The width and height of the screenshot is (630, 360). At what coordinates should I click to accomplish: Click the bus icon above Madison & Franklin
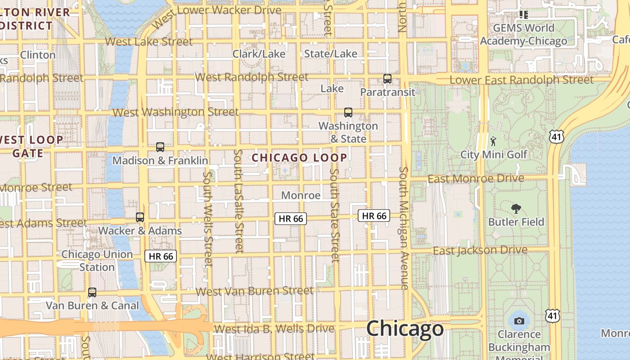pos(160,147)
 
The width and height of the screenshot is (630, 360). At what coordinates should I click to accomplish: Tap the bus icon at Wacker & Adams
pos(140,217)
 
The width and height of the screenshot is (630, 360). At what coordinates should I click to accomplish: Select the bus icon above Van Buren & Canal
pos(92,292)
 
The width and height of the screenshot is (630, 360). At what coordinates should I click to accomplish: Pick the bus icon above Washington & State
pos(348,112)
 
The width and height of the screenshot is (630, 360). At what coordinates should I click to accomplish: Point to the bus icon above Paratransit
pos(387,78)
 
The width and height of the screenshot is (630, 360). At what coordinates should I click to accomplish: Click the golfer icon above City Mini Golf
pos(494,141)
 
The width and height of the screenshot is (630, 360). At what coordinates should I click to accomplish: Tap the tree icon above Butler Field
pos(516,208)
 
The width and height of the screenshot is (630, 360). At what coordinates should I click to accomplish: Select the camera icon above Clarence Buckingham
pos(519,321)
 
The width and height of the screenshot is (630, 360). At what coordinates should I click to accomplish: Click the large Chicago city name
pos(405,328)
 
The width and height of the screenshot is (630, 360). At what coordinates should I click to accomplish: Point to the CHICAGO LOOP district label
pos(299,157)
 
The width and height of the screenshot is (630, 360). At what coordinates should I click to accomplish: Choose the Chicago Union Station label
pos(97,261)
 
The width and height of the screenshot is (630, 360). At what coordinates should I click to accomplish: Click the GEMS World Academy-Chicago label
pos(523,35)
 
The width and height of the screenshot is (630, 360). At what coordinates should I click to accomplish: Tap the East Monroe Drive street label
pos(476,179)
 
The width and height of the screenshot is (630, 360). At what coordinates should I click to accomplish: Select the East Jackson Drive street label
pos(480,250)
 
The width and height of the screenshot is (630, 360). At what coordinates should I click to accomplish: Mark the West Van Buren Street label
pos(255,291)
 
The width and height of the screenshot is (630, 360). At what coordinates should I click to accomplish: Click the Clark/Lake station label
pos(259,54)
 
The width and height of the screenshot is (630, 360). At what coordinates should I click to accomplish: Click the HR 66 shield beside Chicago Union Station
pos(161,256)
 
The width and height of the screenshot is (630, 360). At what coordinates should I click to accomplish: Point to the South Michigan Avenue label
pos(404,228)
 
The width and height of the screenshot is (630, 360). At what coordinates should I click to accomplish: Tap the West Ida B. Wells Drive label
pos(274,328)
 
